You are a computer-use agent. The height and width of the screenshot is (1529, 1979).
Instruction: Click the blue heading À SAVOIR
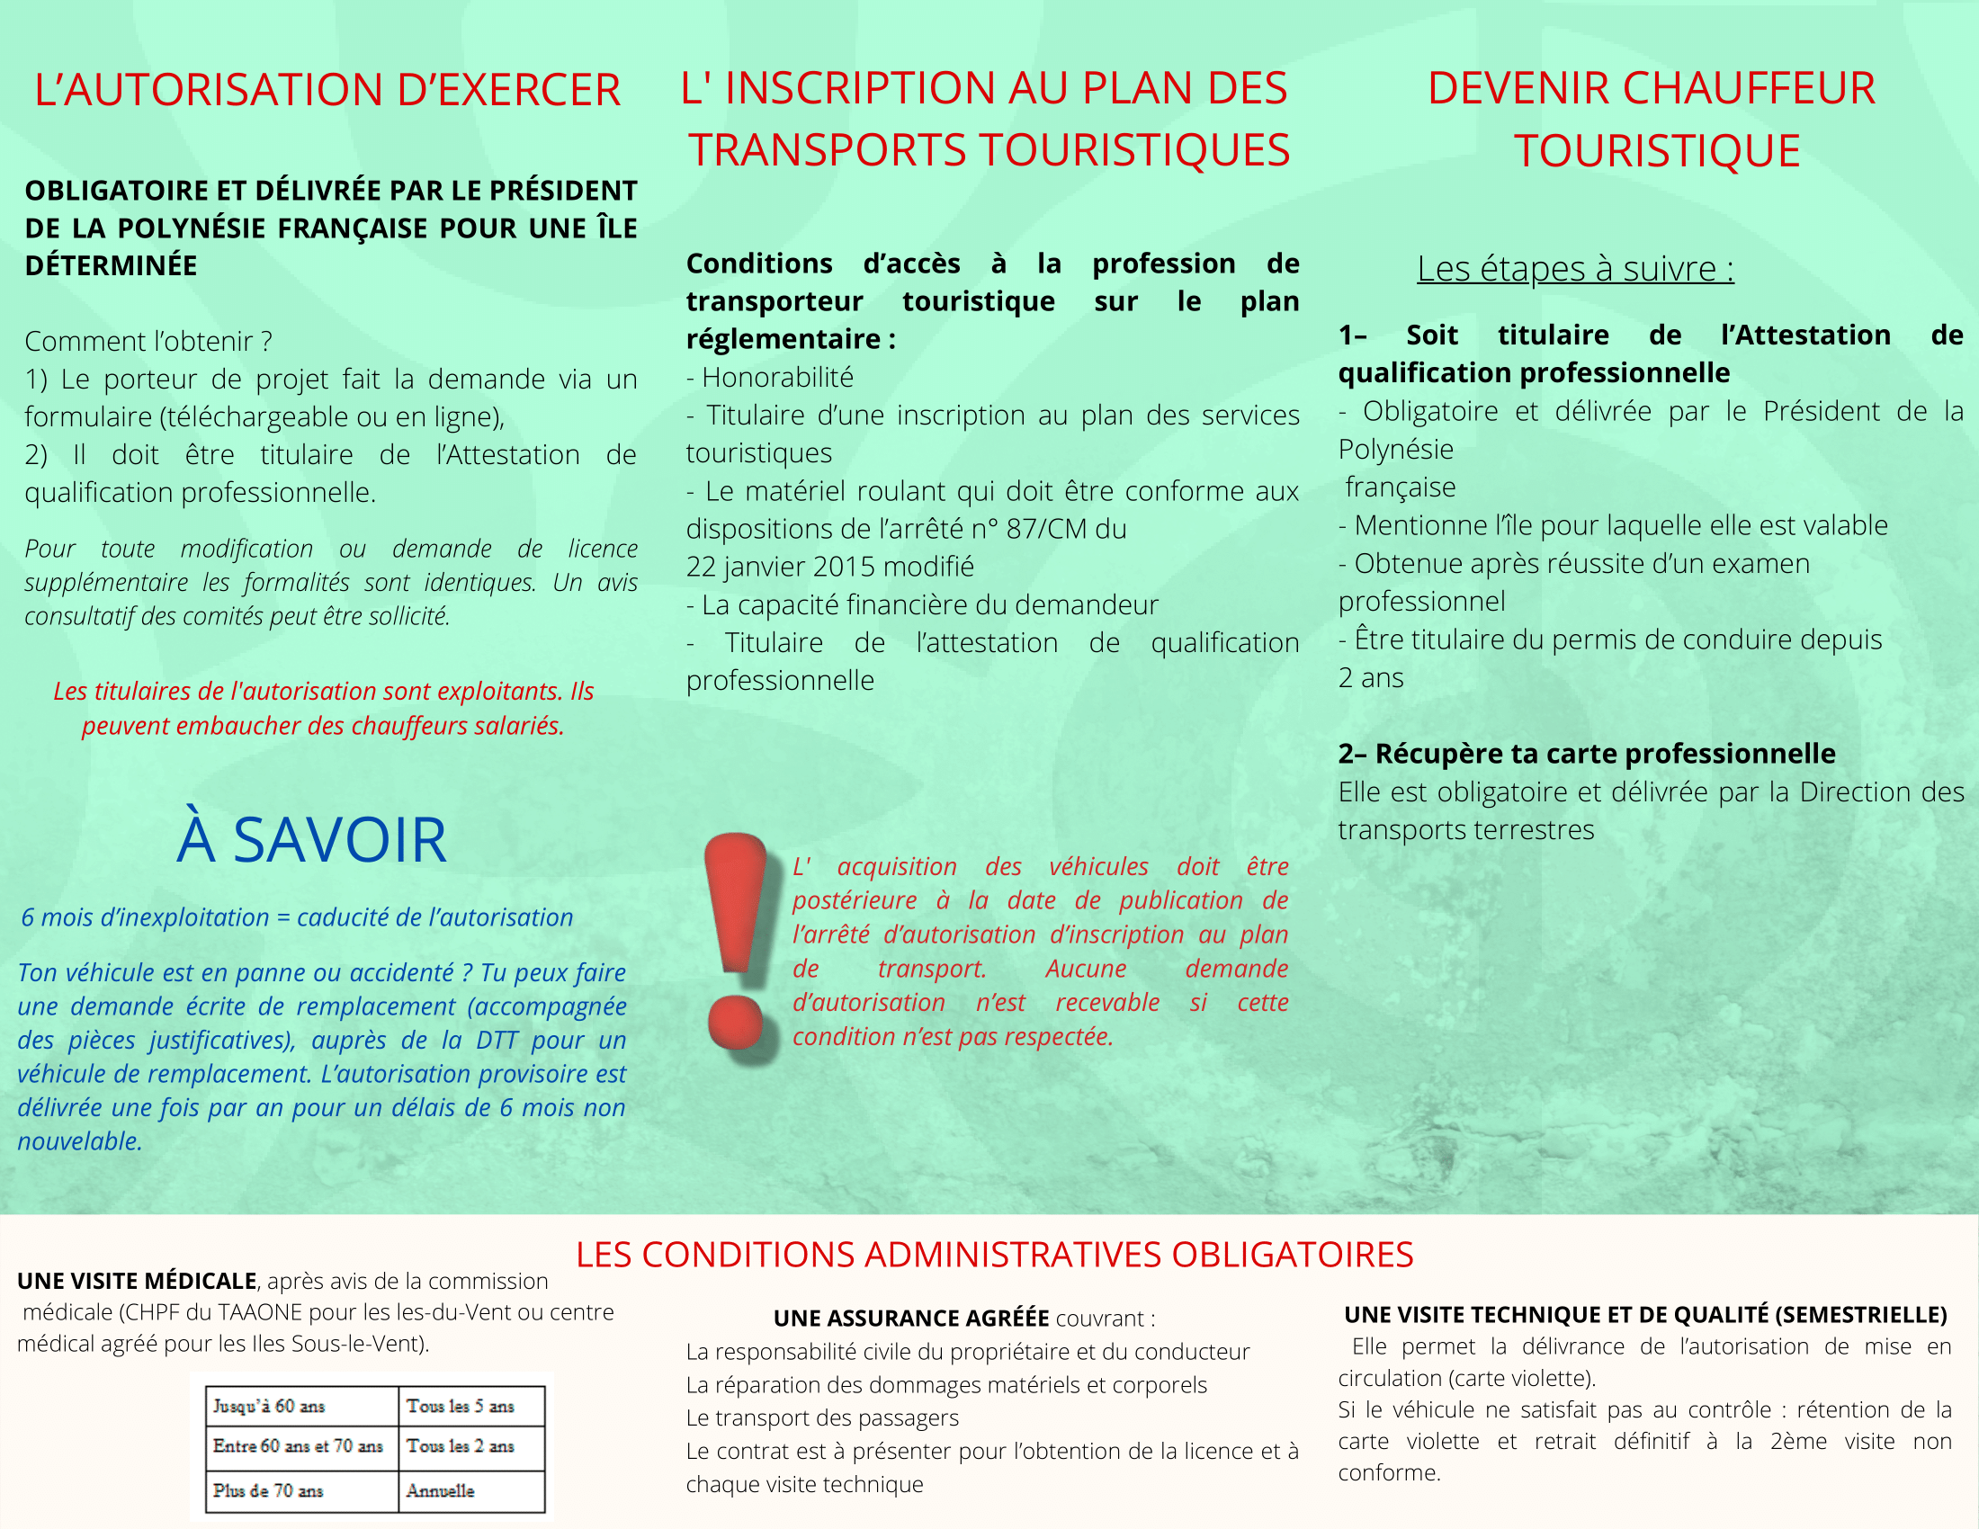(312, 840)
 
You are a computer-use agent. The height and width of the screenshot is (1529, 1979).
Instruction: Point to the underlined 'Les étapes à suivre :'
(1576, 269)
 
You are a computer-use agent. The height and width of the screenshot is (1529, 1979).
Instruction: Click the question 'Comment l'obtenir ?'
(148, 342)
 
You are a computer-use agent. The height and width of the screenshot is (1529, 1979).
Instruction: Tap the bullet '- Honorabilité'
(770, 377)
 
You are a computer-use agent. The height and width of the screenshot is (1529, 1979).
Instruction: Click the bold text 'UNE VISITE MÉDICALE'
(137, 1281)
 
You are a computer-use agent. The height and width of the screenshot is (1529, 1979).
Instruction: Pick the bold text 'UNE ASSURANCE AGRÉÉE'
(910, 1318)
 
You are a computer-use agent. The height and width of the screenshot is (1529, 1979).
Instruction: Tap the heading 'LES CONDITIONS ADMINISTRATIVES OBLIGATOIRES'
(994, 1255)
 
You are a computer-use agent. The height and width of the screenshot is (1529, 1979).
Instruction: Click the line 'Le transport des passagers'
(822, 1417)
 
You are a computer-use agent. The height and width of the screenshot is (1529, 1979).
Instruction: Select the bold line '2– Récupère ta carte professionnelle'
(1587, 754)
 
